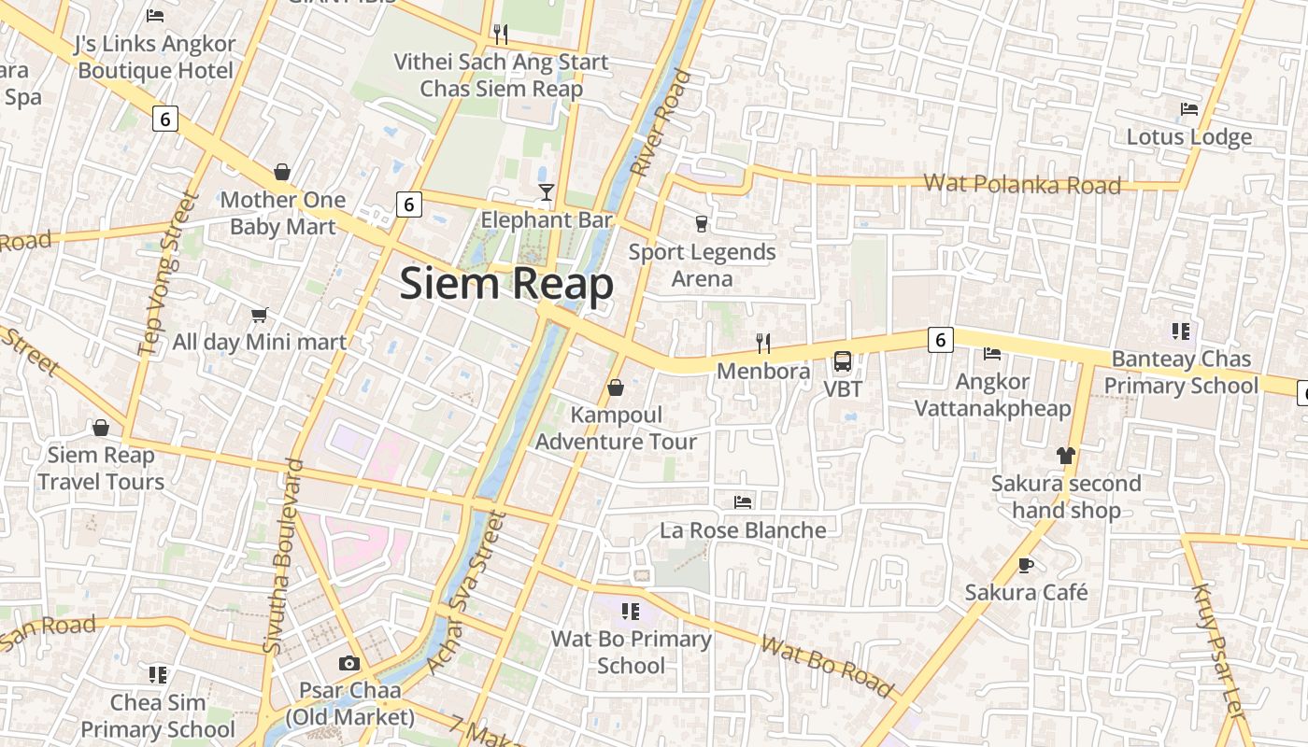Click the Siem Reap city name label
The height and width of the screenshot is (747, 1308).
tap(506, 284)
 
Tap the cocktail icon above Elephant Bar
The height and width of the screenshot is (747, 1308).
tap(547, 192)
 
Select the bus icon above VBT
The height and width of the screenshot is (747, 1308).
tap(842, 360)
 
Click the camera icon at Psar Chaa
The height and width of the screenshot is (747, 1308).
tap(348, 663)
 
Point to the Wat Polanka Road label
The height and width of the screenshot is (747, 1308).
tap(1022, 184)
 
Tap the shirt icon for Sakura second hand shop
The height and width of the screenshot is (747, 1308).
tap(1065, 456)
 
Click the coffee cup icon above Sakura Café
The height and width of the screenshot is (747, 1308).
tap(1026, 565)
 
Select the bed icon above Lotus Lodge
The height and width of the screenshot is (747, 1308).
tap(1188, 109)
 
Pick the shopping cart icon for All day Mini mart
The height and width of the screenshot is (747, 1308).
tap(259, 316)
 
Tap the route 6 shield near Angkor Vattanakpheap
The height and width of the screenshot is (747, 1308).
tap(940, 340)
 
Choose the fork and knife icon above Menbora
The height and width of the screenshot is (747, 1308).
tap(763, 344)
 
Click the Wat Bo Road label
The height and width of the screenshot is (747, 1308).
tap(827, 667)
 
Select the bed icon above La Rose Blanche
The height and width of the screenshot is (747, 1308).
tap(743, 502)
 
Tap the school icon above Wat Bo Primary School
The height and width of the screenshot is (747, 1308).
tap(631, 612)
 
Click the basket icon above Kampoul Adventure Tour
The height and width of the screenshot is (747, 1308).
tap(616, 388)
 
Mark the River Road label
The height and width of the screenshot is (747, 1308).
tap(661, 122)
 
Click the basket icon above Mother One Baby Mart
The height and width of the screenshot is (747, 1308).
tap(282, 172)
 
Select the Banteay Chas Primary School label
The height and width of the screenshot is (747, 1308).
tap(1181, 373)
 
